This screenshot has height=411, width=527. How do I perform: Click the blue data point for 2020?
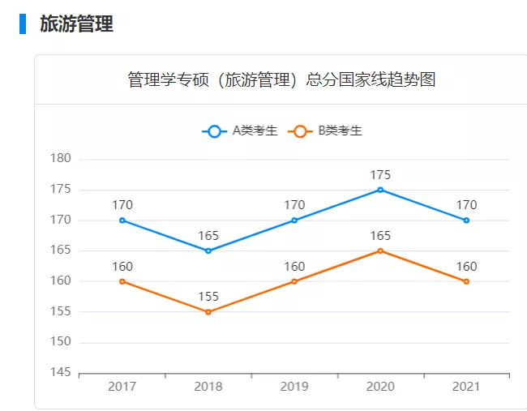pyautogui.click(x=380, y=190)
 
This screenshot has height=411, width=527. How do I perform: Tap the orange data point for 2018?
pyautogui.click(x=208, y=312)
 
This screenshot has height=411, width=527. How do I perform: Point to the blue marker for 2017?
pyautogui.click(x=122, y=220)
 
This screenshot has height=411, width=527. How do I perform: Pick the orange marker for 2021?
pyautogui.click(x=466, y=281)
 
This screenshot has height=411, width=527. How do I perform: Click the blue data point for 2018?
pyautogui.click(x=208, y=250)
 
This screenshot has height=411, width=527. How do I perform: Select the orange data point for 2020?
pyautogui.click(x=380, y=250)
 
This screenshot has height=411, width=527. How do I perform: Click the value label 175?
pyautogui.click(x=380, y=174)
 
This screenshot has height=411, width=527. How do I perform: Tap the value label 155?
pyautogui.click(x=208, y=297)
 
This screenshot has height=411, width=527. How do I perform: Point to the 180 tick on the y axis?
pyautogui.click(x=62, y=159)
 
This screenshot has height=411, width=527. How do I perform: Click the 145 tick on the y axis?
pyautogui.click(x=62, y=373)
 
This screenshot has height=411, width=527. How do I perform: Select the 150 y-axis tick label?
pyautogui.click(x=62, y=342)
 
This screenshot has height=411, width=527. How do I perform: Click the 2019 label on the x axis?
pyautogui.click(x=294, y=387)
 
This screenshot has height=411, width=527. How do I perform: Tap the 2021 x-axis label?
pyautogui.click(x=466, y=387)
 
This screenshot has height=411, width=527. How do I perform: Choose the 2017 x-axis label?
pyautogui.click(x=122, y=387)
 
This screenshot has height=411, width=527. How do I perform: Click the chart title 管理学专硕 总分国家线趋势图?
pyautogui.click(x=281, y=79)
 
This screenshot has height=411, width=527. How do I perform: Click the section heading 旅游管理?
pyautogui.click(x=76, y=24)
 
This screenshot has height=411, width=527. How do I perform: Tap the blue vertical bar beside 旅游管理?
pyautogui.click(x=23, y=24)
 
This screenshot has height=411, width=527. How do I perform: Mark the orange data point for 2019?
pyautogui.click(x=294, y=281)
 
